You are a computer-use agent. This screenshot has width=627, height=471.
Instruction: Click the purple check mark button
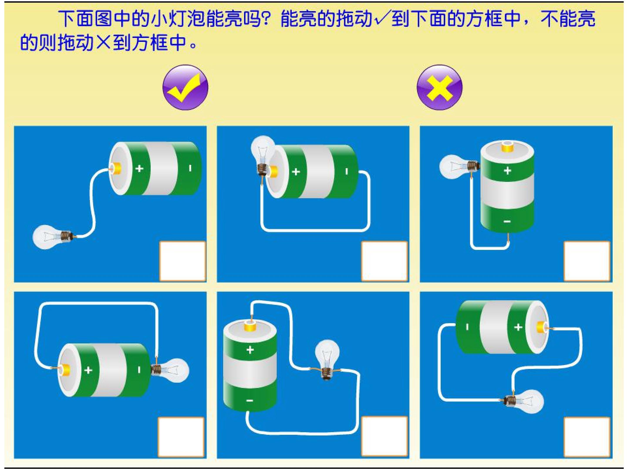click(x=185, y=87)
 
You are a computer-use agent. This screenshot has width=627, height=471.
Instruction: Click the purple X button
click(x=439, y=87)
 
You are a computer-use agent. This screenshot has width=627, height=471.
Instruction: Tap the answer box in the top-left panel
click(x=182, y=261)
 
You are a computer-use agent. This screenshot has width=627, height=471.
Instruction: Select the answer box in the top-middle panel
click(x=385, y=261)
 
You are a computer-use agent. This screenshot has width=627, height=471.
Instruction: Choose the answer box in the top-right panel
click(x=587, y=261)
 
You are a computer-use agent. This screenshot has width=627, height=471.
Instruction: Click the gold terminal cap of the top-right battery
click(x=507, y=147)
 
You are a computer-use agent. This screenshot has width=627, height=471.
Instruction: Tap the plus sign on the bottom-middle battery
click(x=250, y=350)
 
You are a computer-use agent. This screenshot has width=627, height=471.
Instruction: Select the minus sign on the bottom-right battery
click(x=467, y=327)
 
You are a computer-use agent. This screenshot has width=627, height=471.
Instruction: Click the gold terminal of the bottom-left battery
click(x=65, y=370)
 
